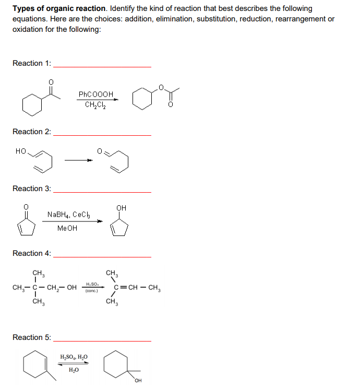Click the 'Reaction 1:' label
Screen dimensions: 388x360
point(31,63)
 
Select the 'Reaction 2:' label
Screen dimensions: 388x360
point(31,132)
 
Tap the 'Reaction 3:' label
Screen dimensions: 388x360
point(31,189)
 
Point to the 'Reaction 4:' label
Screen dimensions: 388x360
point(31,253)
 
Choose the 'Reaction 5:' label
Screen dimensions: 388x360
point(31,337)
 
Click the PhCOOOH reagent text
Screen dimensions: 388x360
point(95,95)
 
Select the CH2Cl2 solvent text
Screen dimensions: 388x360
point(95,104)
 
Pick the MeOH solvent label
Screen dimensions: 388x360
point(67,228)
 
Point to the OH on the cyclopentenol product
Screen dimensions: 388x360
point(122,208)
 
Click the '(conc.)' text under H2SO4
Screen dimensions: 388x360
point(92,291)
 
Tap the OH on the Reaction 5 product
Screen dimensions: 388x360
point(139,380)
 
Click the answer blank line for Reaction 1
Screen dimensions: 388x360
point(102,66)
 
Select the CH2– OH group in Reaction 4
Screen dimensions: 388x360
point(62,288)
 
